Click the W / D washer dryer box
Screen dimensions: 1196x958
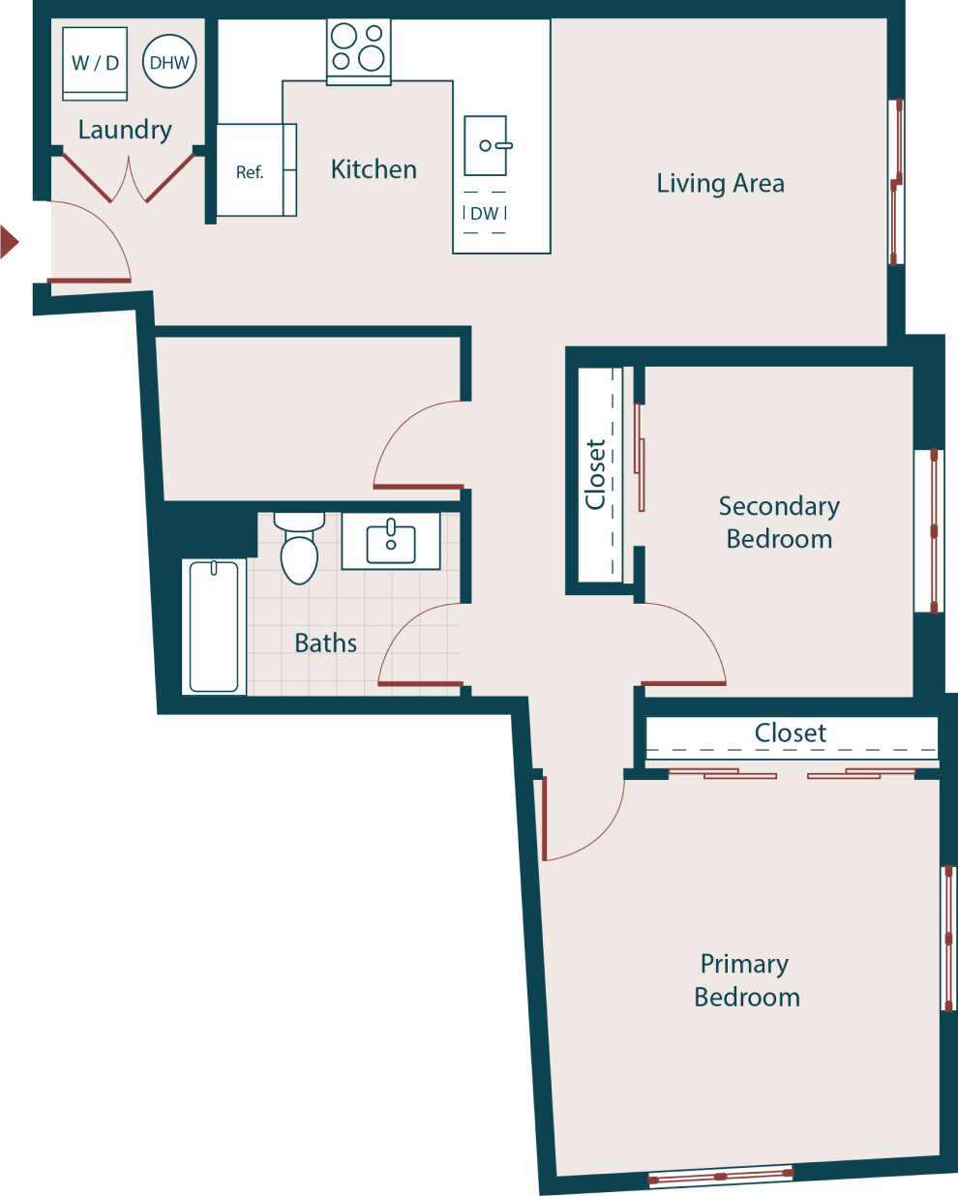(x=95, y=63)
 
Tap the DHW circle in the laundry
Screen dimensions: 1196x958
(x=169, y=62)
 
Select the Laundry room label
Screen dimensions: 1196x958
(x=125, y=130)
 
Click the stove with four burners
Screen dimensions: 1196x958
(x=358, y=48)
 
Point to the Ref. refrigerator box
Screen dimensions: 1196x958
(x=250, y=171)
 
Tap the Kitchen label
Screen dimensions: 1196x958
(x=374, y=169)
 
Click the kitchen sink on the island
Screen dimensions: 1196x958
(x=486, y=146)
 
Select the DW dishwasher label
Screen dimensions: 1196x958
(x=485, y=214)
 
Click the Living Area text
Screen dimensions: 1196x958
(x=720, y=183)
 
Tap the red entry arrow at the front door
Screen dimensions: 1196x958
(x=9, y=241)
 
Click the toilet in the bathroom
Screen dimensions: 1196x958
(x=299, y=551)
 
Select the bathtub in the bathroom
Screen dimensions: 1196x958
(x=214, y=627)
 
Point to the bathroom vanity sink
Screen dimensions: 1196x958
(x=391, y=542)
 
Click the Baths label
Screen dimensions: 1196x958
(x=325, y=643)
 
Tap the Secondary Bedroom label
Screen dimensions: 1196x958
(x=779, y=523)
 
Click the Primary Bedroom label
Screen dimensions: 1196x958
(x=746, y=980)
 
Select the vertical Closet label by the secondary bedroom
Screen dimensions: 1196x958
(x=595, y=474)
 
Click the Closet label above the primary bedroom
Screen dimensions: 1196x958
(x=790, y=733)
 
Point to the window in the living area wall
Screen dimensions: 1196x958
(x=896, y=182)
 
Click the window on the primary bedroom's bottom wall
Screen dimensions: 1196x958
(x=720, y=1177)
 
